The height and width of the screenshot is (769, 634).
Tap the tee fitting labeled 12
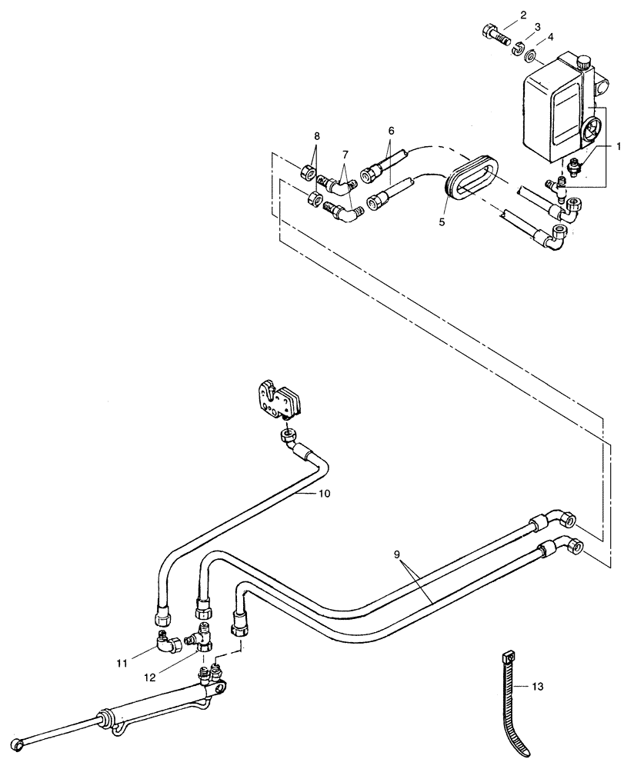coord(203,637)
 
